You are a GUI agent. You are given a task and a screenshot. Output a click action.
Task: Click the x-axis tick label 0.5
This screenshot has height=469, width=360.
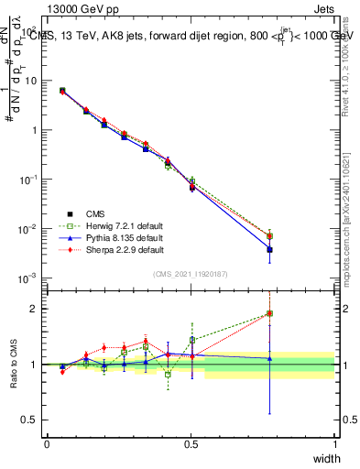(x=191, y=443)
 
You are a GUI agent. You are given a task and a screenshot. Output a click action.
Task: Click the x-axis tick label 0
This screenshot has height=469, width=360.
(x=47, y=443)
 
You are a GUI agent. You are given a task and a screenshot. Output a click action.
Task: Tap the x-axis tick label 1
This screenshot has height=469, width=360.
(x=334, y=443)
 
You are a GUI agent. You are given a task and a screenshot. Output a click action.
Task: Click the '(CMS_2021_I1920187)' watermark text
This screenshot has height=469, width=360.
(x=190, y=274)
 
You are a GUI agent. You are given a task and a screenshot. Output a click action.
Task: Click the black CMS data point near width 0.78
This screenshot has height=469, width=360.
(x=269, y=249)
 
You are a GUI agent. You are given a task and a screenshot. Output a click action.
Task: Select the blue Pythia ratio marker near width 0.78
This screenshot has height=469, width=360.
(x=269, y=358)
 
